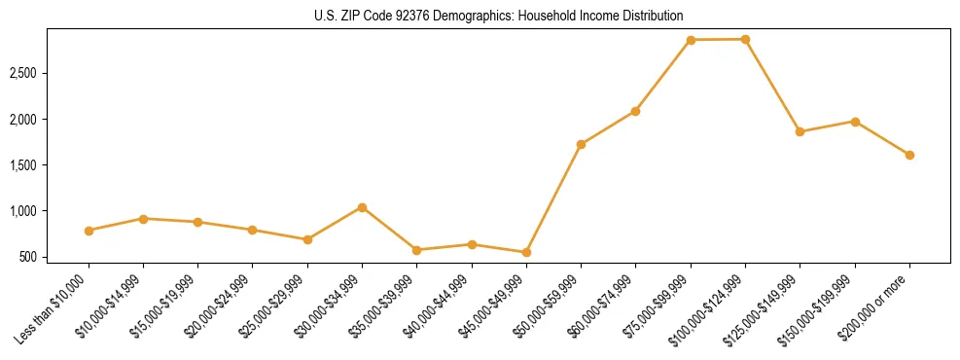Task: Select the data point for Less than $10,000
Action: (x=89, y=231)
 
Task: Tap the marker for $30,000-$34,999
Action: (x=362, y=207)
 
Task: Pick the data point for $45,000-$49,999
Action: (x=526, y=252)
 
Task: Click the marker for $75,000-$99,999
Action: (x=691, y=40)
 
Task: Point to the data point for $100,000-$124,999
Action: (x=745, y=39)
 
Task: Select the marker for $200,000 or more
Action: (x=909, y=155)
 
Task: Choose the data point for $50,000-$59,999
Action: (x=581, y=144)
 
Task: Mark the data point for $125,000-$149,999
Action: (x=800, y=131)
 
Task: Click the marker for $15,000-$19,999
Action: (x=198, y=222)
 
